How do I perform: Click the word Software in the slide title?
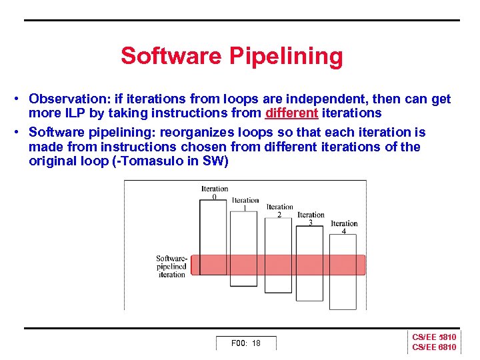click(x=171, y=56)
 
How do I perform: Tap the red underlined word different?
click(x=291, y=113)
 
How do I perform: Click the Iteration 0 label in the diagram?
click(x=214, y=192)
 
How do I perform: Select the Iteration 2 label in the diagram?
click(x=279, y=210)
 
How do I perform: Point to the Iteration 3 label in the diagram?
click(x=311, y=218)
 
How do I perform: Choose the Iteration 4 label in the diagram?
click(x=344, y=227)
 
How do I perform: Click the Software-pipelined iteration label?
click(x=171, y=266)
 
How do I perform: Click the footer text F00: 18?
click(x=245, y=343)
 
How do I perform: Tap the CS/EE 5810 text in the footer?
click(x=434, y=337)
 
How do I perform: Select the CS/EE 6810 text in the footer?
click(x=434, y=347)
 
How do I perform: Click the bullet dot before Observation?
click(x=15, y=99)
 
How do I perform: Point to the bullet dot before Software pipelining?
click(x=15, y=132)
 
